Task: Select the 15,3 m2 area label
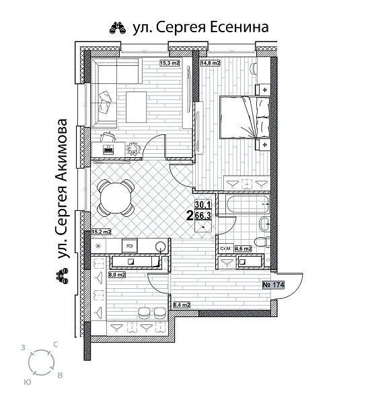click(169, 64)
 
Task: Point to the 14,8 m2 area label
click(211, 64)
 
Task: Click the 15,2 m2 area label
click(101, 232)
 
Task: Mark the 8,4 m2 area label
click(182, 306)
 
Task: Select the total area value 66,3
click(202, 216)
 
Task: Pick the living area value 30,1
click(202, 205)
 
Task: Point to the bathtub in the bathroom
click(245, 204)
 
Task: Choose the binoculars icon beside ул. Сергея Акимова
click(63, 276)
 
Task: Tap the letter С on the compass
click(54, 344)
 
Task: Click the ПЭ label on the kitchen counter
click(125, 245)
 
